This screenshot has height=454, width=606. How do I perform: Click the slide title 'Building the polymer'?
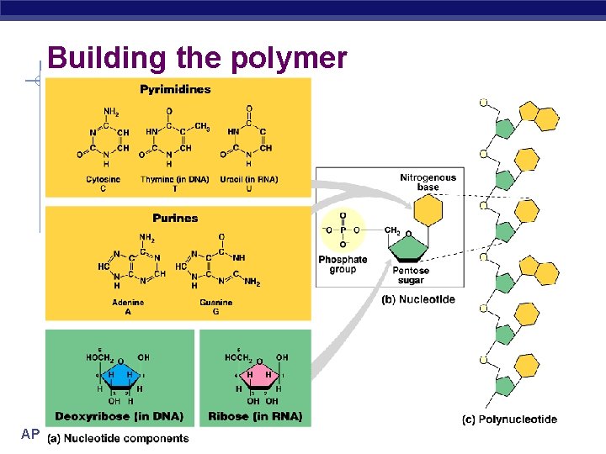[x=197, y=58]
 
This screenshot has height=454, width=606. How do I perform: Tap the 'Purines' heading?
[x=175, y=218]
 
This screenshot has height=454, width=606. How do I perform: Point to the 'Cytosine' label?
[x=103, y=179]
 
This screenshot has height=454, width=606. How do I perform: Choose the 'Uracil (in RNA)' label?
[x=250, y=179]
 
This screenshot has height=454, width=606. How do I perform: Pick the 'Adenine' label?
[x=128, y=302]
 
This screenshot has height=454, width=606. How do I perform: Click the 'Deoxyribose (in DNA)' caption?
[x=119, y=415]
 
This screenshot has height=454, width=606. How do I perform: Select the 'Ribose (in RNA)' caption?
[x=253, y=415]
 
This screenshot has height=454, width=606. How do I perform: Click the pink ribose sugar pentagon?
[x=257, y=378]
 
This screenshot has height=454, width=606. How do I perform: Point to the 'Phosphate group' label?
[x=343, y=264]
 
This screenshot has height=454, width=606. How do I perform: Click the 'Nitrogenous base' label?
[x=428, y=182]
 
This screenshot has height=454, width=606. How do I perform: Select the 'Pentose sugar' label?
[x=411, y=275]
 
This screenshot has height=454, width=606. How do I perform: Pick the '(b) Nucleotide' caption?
[x=418, y=299]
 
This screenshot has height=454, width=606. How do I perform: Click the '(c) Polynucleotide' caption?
[x=509, y=419]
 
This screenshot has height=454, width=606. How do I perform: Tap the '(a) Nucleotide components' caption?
[x=118, y=438]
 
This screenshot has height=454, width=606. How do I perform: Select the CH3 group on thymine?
[x=201, y=126]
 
